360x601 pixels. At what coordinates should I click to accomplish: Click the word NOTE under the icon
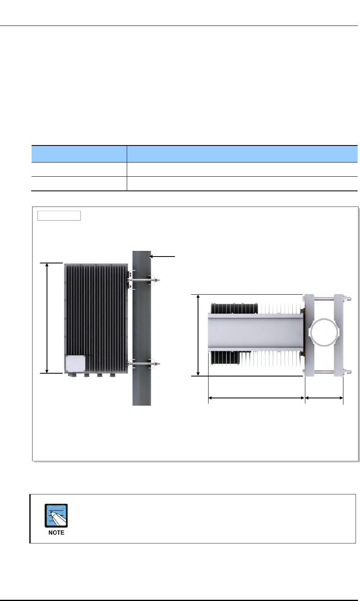(56, 533)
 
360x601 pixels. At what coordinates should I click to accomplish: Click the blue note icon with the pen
(56, 515)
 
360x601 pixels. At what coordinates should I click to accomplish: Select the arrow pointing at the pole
(162, 257)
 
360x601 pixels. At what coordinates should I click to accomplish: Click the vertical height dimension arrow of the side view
(47, 318)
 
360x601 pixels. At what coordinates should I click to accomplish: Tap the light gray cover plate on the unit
(76, 364)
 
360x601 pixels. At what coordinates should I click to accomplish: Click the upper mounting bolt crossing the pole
(144, 280)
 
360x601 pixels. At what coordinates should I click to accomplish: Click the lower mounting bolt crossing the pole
(144, 364)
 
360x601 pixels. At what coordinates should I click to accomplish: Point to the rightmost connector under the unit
(113, 375)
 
